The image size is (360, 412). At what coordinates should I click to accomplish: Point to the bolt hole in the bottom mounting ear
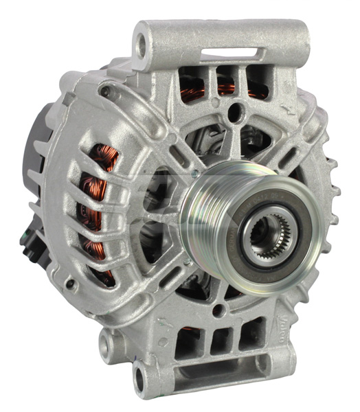pos(140,376)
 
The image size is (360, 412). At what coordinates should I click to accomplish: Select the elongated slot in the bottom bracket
pos(220,374)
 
